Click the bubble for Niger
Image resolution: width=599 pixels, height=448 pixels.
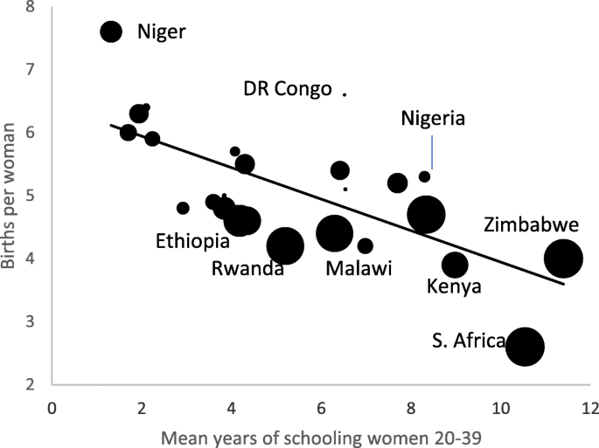[110, 31]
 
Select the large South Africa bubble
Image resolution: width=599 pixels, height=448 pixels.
[525, 346]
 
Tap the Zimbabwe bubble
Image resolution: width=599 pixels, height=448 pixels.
[563, 258]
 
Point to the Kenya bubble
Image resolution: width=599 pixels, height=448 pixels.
[455, 265]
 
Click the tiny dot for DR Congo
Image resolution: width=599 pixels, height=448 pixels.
[345, 93]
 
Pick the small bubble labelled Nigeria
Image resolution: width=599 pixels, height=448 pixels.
[425, 176]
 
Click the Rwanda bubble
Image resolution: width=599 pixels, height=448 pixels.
[285, 246]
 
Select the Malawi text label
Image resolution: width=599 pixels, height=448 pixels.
[358, 268]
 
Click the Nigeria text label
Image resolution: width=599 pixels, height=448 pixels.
[433, 118]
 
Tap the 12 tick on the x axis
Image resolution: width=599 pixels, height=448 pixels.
[590, 408]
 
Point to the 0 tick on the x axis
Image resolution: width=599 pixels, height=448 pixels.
[52, 408]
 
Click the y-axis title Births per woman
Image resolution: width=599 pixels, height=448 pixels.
[10, 196]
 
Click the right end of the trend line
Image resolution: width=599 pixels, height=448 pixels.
[563, 283]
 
